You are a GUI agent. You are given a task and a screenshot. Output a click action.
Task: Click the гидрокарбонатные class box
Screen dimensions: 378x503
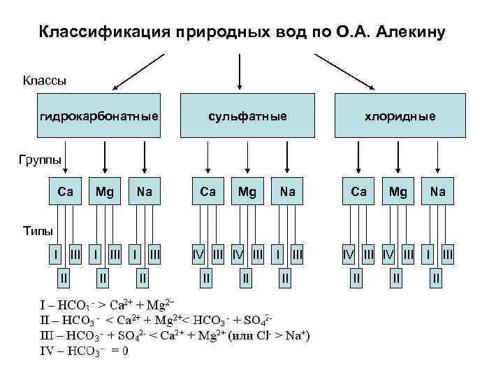(x=99, y=115)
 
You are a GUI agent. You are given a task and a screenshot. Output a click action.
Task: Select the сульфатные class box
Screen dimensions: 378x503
(x=240, y=115)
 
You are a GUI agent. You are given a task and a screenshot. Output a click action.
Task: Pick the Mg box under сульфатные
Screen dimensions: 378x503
(x=247, y=190)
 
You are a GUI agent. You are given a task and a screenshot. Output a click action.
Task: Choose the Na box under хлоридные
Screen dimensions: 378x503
(x=438, y=190)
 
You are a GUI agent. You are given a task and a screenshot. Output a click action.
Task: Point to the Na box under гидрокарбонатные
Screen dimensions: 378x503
(x=145, y=190)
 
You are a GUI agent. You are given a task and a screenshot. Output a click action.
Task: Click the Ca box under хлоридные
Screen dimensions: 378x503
(x=358, y=190)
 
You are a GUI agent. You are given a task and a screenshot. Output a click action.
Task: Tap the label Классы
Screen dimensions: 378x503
(x=45, y=80)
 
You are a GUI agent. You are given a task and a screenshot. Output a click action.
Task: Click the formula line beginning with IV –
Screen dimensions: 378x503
(x=85, y=351)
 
